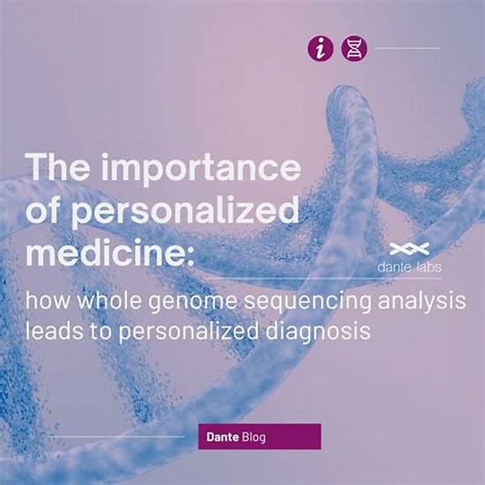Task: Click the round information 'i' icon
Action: click(320, 48)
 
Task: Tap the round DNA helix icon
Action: click(354, 48)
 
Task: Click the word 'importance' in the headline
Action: click(201, 169)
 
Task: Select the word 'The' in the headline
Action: click(58, 167)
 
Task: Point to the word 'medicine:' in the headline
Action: click(110, 252)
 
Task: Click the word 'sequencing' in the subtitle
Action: click(307, 302)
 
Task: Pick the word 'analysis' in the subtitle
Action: click(422, 301)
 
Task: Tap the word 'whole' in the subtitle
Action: click(109, 300)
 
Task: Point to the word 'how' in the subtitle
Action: click(48, 300)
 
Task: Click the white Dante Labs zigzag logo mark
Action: click(409, 249)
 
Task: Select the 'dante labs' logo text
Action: click(409, 267)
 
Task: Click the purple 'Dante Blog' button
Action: click(259, 436)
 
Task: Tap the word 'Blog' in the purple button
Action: click(254, 437)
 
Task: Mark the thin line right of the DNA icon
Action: click(407, 48)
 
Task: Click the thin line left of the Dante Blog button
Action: click(117, 436)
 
